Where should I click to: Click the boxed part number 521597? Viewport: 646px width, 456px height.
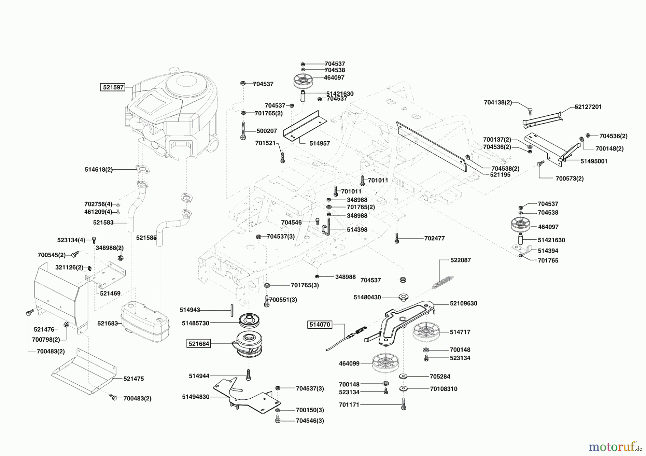click(113, 87)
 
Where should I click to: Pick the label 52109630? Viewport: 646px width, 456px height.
click(464, 303)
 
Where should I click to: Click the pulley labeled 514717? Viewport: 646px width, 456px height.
click(426, 332)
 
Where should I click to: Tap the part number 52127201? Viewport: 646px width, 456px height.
click(588, 107)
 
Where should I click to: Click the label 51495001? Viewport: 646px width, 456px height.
click(594, 161)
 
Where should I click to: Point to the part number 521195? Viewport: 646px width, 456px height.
click(500, 175)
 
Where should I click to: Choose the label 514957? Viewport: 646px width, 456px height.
click(319, 143)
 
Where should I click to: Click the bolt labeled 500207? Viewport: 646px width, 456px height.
click(243, 131)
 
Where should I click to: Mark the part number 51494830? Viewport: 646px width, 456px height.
click(196, 397)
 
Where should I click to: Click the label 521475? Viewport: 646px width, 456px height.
click(134, 379)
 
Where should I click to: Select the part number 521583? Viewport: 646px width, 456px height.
click(103, 223)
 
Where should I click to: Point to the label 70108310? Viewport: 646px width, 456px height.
click(444, 389)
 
